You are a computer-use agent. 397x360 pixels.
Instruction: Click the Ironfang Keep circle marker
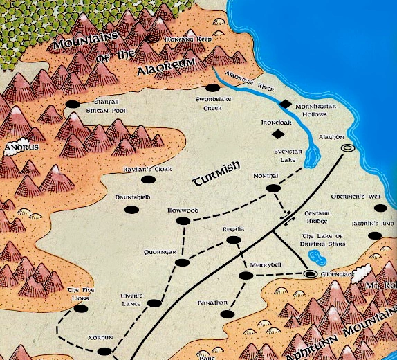click(152, 39)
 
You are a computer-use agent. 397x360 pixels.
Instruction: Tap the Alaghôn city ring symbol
click(347, 147)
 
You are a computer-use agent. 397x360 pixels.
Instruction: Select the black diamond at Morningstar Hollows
click(284, 104)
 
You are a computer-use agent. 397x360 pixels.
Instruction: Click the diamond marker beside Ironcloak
click(278, 134)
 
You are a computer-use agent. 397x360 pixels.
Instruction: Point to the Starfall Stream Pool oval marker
click(73, 104)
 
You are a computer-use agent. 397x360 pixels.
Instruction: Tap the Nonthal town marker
click(273, 188)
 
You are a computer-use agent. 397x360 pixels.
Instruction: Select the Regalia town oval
click(233, 240)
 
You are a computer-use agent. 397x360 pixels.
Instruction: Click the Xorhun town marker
click(104, 351)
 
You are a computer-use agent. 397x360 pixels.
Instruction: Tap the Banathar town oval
click(226, 314)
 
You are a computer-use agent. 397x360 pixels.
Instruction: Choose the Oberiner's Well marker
click(379, 208)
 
